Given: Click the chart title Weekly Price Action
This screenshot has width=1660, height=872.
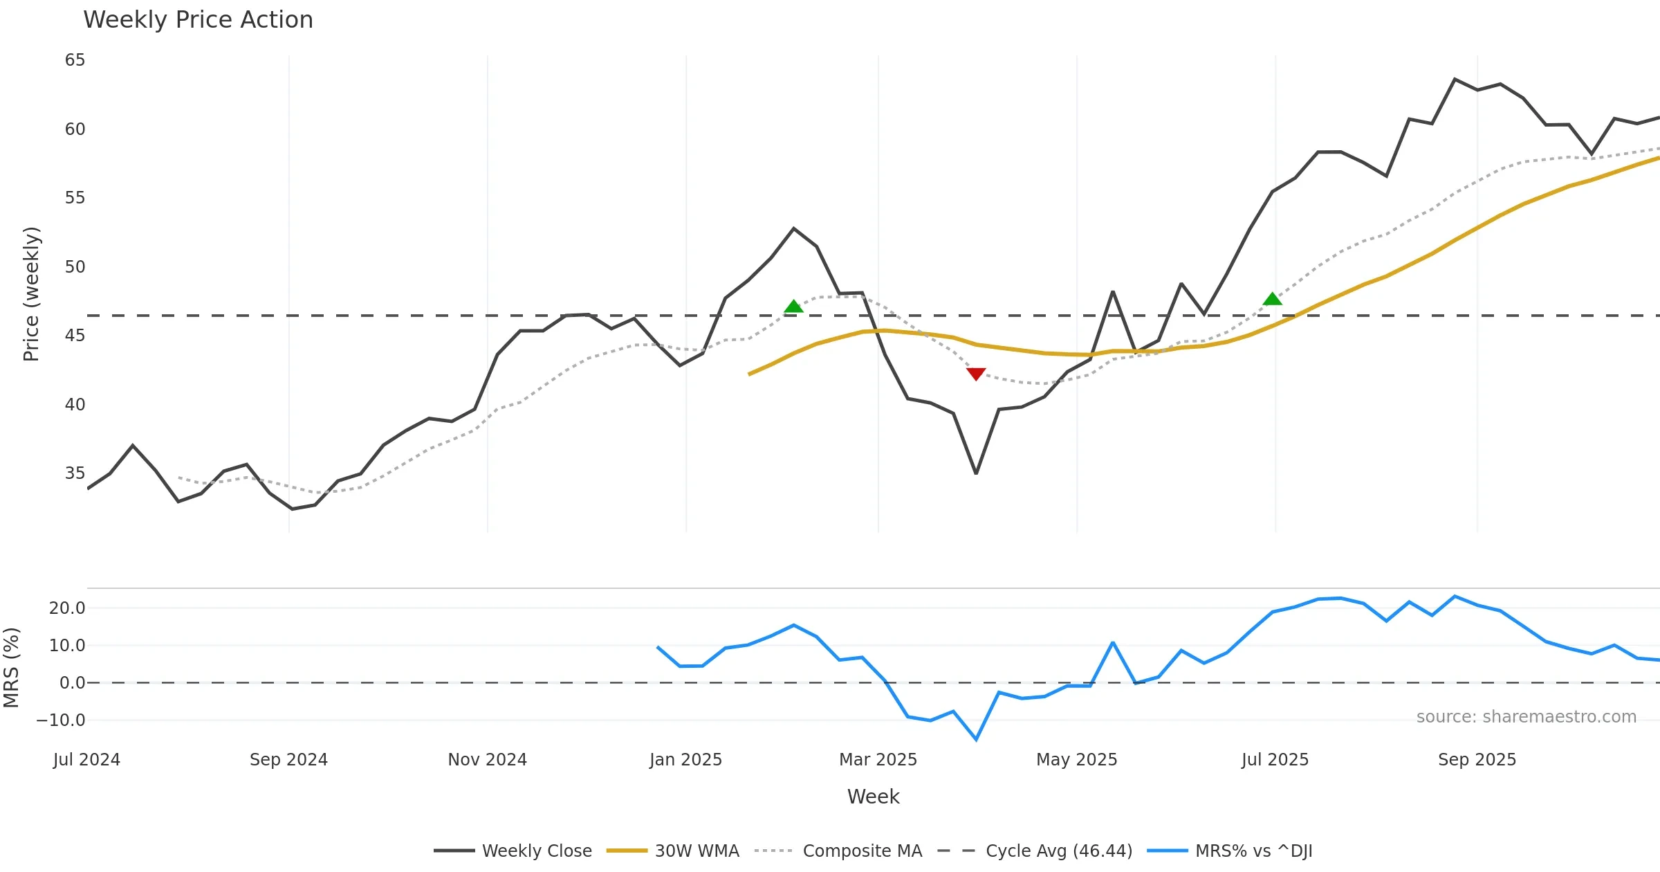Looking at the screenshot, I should pyautogui.click(x=198, y=20).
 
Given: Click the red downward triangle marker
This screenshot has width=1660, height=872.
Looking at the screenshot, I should pyautogui.click(x=975, y=374).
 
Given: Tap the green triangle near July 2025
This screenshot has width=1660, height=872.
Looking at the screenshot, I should pyautogui.click(x=1272, y=299).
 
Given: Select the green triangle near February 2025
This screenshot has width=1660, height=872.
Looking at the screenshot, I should pyautogui.click(x=793, y=306).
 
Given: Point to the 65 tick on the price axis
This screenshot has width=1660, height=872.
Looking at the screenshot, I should pyautogui.click(x=75, y=60).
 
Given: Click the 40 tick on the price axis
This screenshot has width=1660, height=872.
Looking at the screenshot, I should pyautogui.click(x=75, y=404).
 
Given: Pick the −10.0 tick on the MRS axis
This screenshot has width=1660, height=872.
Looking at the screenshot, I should pyautogui.click(x=61, y=720).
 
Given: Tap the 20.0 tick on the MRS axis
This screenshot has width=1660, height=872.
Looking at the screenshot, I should pyautogui.click(x=67, y=608).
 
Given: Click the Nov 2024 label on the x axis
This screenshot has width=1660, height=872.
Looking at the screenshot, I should pyautogui.click(x=487, y=760).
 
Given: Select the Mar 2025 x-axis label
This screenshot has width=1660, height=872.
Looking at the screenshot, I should pyautogui.click(x=878, y=760).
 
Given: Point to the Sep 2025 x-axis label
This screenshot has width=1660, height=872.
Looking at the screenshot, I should pyautogui.click(x=1477, y=760).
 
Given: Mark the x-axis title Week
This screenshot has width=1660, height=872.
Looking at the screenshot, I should pyautogui.click(x=873, y=797).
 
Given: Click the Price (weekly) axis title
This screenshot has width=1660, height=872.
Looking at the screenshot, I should pyautogui.click(x=31, y=294).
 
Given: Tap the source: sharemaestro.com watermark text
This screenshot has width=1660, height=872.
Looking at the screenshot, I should pyautogui.click(x=1526, y=717).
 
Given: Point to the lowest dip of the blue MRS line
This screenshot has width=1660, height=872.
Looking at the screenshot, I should pyautogui.click(x=976, y=739).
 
